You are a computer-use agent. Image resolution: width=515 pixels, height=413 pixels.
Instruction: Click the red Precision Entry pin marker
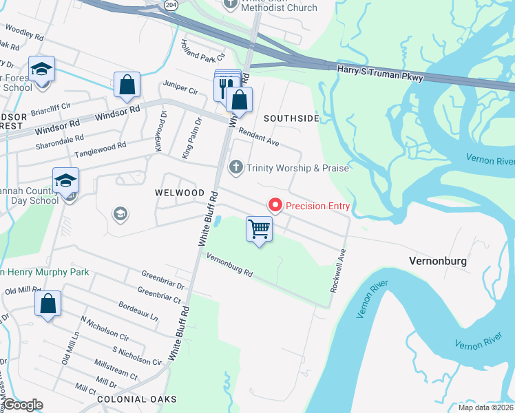point(275,205)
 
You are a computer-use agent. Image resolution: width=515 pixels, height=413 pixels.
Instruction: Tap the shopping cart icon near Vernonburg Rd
point(259,229)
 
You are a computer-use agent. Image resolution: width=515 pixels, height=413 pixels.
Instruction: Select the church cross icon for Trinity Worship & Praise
point(236,167)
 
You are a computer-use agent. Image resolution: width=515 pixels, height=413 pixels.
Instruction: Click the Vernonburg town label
point(438,262)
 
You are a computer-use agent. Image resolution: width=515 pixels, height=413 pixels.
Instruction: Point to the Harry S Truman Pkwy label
point(379,74)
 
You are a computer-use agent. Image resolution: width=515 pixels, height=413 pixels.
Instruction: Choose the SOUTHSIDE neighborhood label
point(291,118)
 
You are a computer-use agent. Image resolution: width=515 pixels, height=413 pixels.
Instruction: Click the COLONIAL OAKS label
point(137,399)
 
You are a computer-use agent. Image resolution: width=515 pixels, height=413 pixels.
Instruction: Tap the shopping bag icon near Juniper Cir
point(127,85)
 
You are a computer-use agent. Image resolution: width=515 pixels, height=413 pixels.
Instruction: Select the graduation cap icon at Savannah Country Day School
point(66,180)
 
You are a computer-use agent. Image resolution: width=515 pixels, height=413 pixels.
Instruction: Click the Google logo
point(23,405)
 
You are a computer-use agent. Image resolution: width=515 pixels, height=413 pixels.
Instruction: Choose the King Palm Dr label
point(192,139)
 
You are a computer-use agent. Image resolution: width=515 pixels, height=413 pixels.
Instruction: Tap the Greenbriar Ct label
point(158,295)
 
